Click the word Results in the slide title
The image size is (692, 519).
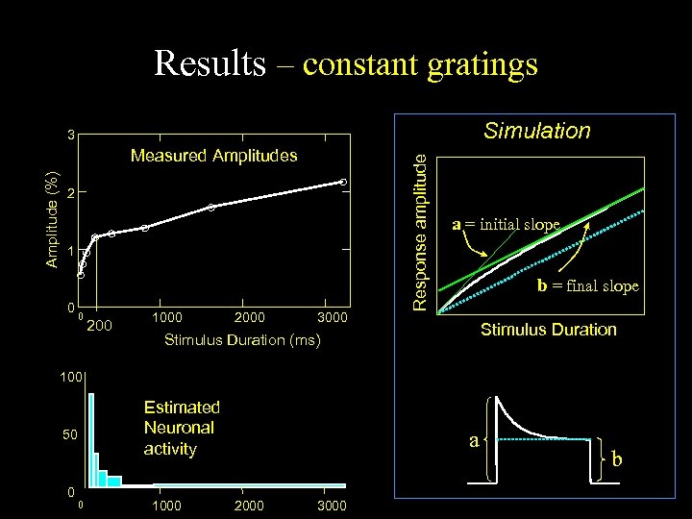point(209,63)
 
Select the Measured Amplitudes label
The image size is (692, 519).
point(214,155)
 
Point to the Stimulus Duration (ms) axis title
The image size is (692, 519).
point(242,340)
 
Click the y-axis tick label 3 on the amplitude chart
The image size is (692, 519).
point(71,134)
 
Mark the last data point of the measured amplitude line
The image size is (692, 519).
point(343,182)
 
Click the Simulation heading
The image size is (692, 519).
point(537,131)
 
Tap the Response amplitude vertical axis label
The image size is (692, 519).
point(420,232)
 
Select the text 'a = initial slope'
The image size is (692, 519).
point(506,225)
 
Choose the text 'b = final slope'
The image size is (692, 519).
point(586,284)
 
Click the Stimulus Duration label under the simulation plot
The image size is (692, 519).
point(548,330)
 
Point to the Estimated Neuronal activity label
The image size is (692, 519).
point(182,428)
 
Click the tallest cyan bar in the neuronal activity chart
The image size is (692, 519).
point(90,442)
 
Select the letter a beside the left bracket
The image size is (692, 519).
point(474,440)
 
